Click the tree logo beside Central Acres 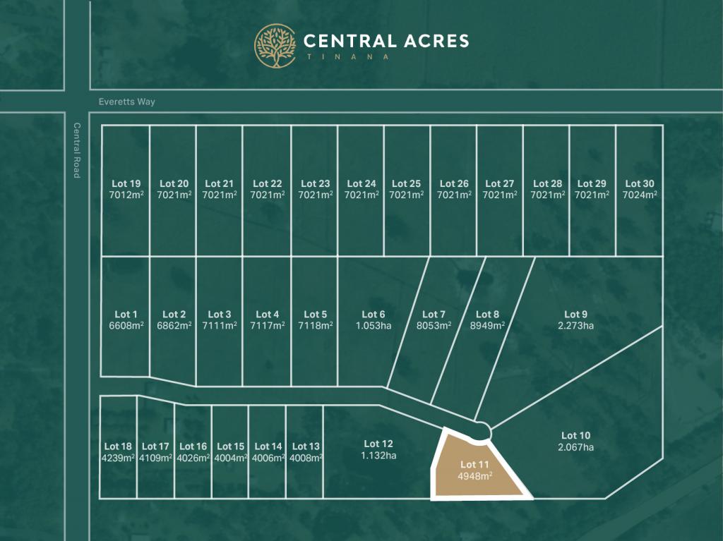(x=275, y=46)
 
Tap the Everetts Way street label (x=127, y=102)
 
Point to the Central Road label (x=77, y=150)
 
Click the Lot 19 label (x=126, y=184)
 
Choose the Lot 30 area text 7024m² (x=640, y=195)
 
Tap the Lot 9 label (x=575, y=315)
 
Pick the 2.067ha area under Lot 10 (x=575, y=447)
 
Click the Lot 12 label (x=378, y=444)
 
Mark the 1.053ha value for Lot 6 (x=374, y=326)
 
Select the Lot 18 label (x=117, y=446)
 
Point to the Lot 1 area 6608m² (x=126, y=326)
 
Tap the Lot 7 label (x=434, y=315)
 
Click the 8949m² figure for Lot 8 (x=487, y=326)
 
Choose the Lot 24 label (x=361, y=184)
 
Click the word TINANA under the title (x=347, y=56)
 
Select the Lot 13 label (x=306, y=446)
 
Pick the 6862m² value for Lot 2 (x=174, y=326)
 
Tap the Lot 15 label (x=230, y=446)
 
